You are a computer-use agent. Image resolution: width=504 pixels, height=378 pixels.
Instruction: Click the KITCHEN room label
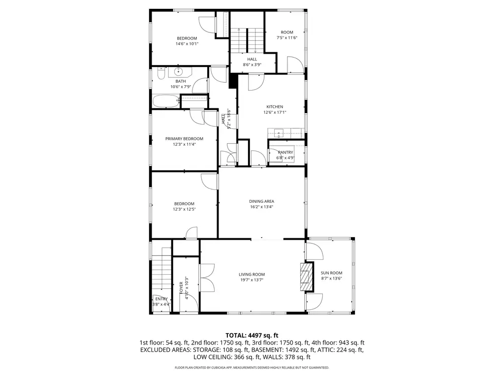tap(275, 107)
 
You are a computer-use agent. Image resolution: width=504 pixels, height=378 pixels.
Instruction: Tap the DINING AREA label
tap(262, 201)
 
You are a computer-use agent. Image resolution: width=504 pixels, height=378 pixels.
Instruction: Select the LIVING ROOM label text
tap(252, 275)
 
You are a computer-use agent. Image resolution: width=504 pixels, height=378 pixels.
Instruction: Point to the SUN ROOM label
tap(331, 273)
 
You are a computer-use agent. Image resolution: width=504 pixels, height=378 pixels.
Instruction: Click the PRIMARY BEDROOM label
tap(184, 139)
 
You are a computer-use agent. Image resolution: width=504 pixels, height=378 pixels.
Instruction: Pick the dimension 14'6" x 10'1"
tap(187, 44)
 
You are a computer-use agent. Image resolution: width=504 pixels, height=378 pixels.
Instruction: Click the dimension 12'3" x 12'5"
tap(184, 209)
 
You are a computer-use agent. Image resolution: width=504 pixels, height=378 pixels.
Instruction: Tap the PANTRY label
tap(285, 153)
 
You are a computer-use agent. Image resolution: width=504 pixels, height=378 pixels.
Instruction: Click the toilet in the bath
tap(161, 73)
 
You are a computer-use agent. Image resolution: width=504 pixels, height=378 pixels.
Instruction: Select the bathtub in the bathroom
tap(165, 101)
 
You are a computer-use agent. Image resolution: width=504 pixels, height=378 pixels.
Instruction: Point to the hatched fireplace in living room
tap(307, 277)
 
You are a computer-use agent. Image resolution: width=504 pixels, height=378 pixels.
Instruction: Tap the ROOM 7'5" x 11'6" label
tap(287, 35)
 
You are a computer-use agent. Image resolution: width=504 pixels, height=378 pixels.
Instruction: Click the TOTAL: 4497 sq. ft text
tap(252, 336)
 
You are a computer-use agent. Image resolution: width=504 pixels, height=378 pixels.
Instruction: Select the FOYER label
tap(181, 287)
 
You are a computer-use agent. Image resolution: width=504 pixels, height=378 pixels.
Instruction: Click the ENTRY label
tap(161, 299)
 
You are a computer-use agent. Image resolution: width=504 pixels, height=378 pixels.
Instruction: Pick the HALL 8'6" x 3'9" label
tap(252, 62)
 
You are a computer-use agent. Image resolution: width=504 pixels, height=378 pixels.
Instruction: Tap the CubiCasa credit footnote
tap(252, 367)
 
